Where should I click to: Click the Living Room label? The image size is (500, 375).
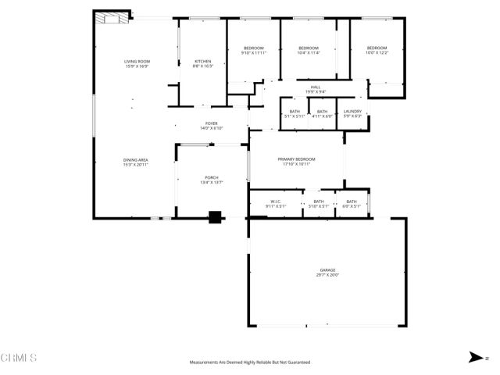click(x=137, y=62)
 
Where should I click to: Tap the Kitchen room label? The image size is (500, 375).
click(x=203, y=62)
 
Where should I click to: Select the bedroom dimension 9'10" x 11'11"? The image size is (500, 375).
click(x=254, y=53)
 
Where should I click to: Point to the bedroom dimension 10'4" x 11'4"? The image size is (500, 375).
click(x=309, y=53)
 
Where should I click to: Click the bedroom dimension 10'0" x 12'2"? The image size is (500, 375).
click(x=377, y=53)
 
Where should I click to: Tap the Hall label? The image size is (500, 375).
click(x=316, y=87)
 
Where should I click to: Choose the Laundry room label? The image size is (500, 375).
click(x=352, y=111)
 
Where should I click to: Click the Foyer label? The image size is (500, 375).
click(x=212, y=123)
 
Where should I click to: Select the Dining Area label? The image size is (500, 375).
click(x=136, y=160)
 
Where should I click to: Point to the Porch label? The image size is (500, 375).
click(x=212, y=178)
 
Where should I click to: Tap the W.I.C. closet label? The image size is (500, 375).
click(x=276, y=201)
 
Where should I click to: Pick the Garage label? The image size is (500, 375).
click(x=327, y=270)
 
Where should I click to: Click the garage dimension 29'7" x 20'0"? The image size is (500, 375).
click(x=327, y=275)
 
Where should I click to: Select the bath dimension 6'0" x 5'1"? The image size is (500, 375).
click(x=352, y=206)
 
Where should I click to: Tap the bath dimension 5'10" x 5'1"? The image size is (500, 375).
click(x=318, y=206)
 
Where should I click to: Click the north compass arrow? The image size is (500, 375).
click(x=474, y=357)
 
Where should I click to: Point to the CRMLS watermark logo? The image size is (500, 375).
click(x=19, y=358)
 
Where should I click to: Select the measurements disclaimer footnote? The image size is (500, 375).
click(x=250, y=362)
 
